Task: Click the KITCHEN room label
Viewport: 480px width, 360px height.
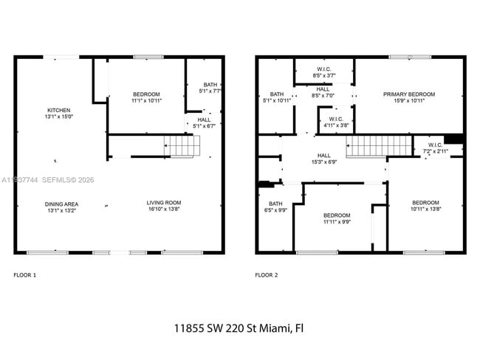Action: [x=59, y=113]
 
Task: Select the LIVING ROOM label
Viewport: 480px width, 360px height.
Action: [x=163, y=207]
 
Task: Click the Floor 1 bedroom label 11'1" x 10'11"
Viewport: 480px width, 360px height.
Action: [x=146, y=97]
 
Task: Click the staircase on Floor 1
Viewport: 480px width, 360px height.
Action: [x=182, y=146]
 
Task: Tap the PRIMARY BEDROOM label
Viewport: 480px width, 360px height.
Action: [x=408, y=97]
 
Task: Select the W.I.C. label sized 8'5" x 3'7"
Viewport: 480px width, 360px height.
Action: [x=324, y=72]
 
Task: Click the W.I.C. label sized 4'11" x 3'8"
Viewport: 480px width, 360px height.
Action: [x=336, y=122]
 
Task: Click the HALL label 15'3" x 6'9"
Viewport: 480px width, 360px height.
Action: [x=323, y=159]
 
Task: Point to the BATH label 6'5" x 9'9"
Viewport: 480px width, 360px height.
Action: [x=275, y=207]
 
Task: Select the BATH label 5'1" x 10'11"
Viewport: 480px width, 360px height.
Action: [x=276, y=97]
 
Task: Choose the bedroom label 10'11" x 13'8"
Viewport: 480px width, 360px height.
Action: [x=425, y=207]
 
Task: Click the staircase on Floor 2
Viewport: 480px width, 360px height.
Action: [x=367, y=146]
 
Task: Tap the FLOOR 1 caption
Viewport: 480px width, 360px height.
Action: [x=24, y=275]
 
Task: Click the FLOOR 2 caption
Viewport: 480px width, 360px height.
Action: [x=266, y=275]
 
